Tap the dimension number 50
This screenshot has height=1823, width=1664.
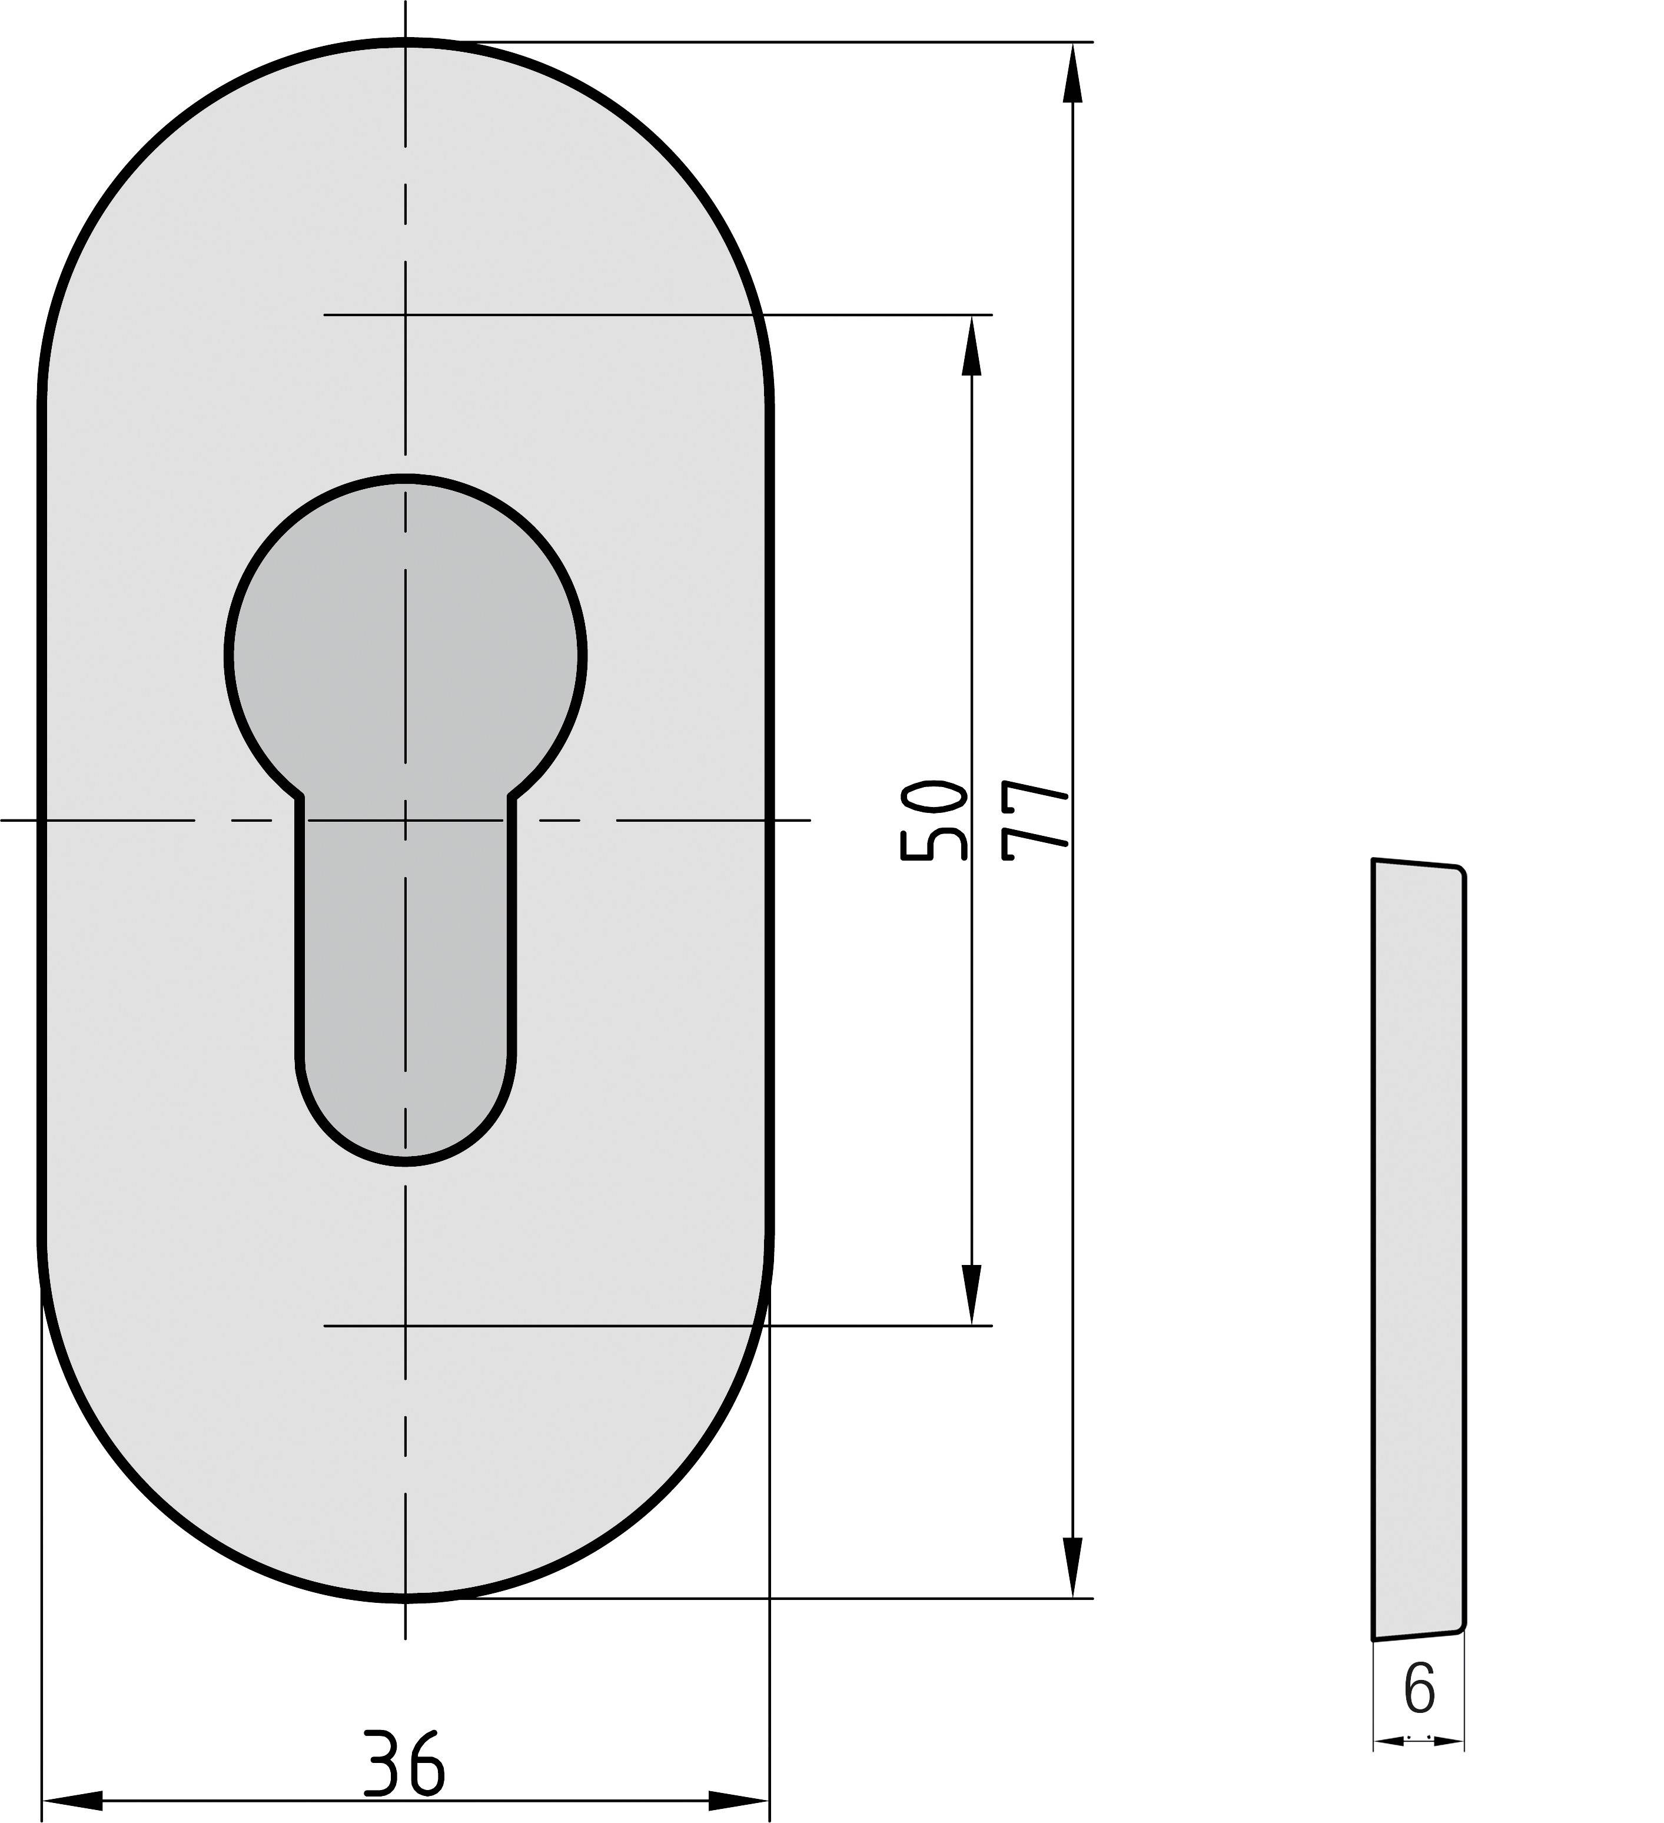[934, 819]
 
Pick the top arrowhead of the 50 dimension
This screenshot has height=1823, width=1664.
[971, 346]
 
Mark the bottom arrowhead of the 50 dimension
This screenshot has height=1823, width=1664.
[971, 1295]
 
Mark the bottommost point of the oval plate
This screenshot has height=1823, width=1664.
[405, 1599]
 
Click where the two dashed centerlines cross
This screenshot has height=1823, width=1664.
[405, 820]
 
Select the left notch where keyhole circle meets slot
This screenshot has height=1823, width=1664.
[300, 796]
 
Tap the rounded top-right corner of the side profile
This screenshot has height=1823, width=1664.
[1460, 870]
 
